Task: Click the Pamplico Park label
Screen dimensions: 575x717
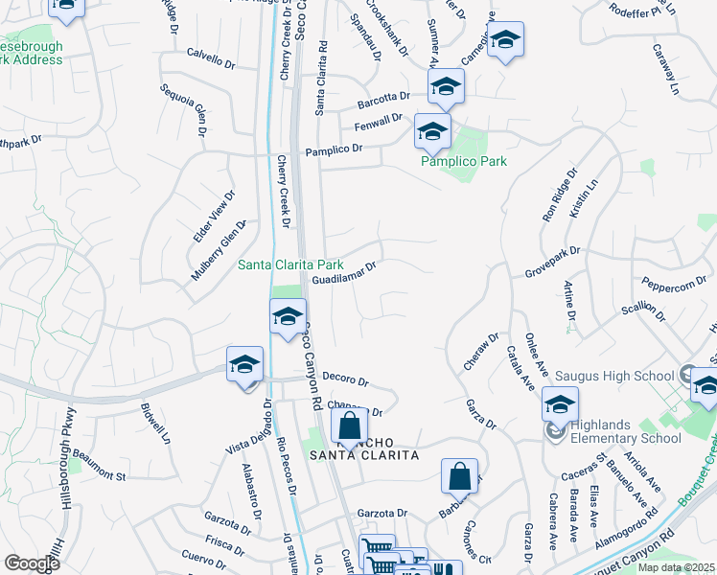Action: (464, 161)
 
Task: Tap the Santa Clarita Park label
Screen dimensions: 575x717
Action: (290, 264)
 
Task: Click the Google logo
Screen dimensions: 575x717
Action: (32, 563)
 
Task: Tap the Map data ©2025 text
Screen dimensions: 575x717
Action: (677, 567)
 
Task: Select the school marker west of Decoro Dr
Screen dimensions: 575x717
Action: (244, 364)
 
